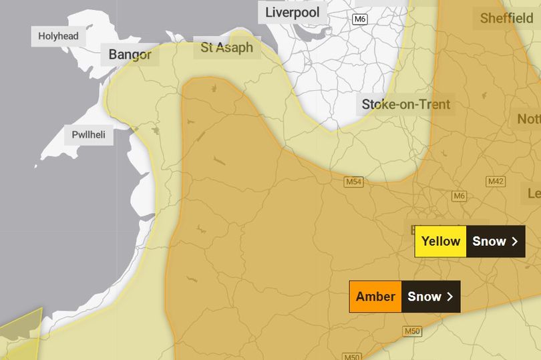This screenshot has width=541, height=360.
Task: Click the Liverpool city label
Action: click(293, 13)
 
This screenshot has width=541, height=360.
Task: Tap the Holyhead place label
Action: click(58, 36)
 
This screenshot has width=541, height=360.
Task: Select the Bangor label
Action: click(130, 55)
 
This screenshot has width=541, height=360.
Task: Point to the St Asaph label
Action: click(227, 47)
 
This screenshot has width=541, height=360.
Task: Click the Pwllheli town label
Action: click(88, 135)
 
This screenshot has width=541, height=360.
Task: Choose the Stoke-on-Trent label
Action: click(405, 104)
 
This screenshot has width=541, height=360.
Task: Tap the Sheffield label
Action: click(506, 19)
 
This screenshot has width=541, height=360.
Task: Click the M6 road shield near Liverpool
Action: click(360, 19)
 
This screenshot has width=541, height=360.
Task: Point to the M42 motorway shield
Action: click(496, 182)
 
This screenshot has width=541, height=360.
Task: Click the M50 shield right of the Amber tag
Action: click(412, 331)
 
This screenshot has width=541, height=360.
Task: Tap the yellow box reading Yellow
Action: click(441, 241)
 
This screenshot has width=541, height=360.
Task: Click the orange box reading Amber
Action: click(375, 297)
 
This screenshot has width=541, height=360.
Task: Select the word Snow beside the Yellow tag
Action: click(489, 241)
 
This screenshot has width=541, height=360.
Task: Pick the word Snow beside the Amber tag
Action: click(424, 297)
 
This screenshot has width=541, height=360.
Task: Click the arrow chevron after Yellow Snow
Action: click(515, 241)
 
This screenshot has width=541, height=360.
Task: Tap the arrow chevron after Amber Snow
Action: click(450, 297)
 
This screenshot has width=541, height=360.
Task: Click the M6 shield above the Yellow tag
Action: click(458, 196)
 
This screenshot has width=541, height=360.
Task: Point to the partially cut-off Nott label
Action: click(528, 120)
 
